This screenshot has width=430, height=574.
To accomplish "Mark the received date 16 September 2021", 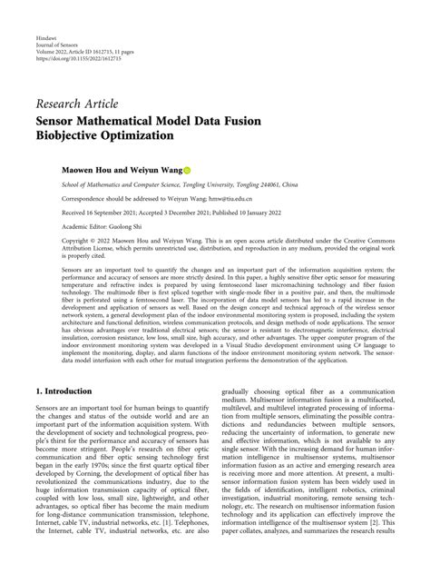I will coord(122,212).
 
